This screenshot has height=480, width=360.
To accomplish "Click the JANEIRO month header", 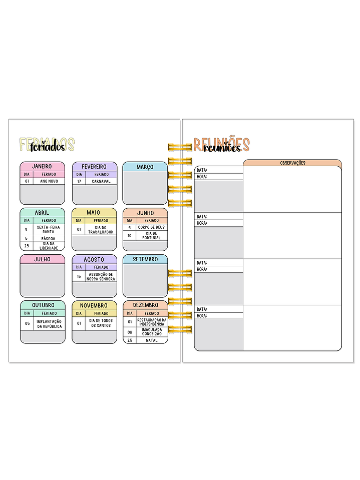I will coord(42,166).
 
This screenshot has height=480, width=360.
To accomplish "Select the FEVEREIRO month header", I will coord(94,166).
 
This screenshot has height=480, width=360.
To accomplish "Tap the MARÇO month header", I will coord(145,167).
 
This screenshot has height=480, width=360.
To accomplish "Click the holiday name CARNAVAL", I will coord(101,181).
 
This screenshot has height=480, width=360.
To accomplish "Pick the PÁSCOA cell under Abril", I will coord(49,239).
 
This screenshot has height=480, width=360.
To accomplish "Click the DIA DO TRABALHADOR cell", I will coord(101,230).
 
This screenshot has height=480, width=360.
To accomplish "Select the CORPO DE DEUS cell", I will coord(152,227).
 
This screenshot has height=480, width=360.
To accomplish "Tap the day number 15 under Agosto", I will coord(79,276).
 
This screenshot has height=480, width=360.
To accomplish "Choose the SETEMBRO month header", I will coord(145,259).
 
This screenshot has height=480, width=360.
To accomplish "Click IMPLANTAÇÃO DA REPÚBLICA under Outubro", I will coord(49,324).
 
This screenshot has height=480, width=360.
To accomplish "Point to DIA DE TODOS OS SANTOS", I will coord(101,324).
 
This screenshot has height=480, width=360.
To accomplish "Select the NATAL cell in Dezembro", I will coord(152,340).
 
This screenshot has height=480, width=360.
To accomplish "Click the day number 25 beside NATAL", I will coord(130,340).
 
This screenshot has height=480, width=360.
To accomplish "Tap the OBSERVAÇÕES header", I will coord(292,163).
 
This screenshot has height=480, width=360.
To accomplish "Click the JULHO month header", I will coord(42,259).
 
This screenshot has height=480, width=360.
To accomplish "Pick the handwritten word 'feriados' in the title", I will coord(47,147).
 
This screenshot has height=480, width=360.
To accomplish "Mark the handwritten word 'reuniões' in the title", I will coord(222,148).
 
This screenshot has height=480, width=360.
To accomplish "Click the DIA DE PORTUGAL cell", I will coord(152,235).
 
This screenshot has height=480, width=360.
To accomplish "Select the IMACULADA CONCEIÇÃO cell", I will coord(152,331).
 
